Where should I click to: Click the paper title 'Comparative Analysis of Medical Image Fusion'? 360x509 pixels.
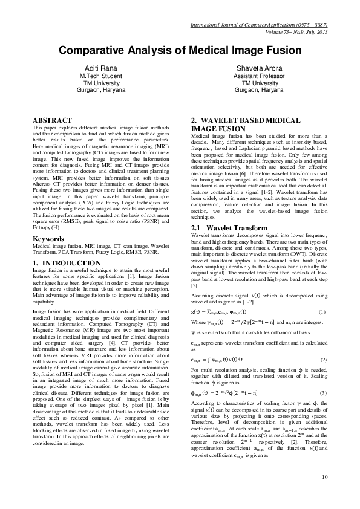tap(180, 52)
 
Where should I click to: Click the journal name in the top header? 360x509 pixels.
tap(259, 25)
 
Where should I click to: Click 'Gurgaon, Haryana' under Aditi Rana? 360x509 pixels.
tap(102, 89)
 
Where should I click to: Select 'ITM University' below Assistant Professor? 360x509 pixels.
tap(258, 83)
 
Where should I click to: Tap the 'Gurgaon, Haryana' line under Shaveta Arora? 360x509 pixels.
tap(258, 89)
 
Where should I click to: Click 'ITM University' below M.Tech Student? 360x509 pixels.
tap(102, 83)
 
